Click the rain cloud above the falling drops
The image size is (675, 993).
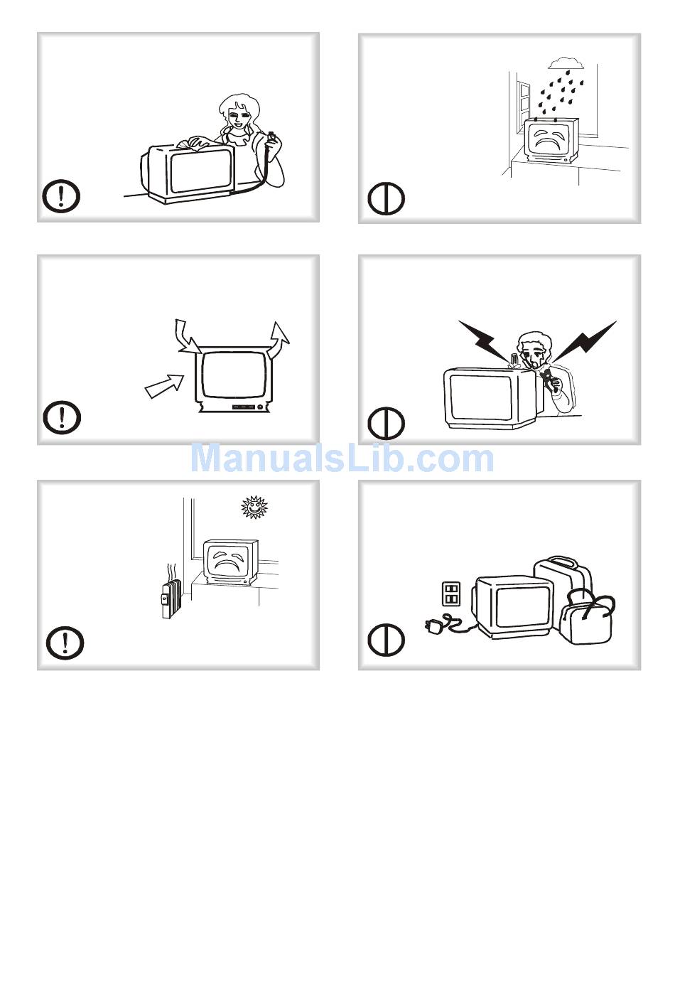click(565, 63)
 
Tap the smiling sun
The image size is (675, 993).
click(254, 507)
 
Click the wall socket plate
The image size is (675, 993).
click(451, 594)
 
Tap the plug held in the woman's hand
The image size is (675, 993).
click(271, 136)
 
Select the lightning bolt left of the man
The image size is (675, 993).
click(484, 340)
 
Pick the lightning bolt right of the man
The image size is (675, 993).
click(585, 340)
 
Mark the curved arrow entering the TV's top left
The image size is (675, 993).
click(187, 337)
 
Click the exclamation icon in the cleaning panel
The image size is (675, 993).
click(61, 195)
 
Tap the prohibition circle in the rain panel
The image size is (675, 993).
click(386, 198)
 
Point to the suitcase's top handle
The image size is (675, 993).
click(562, 562)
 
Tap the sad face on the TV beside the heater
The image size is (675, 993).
click(227, 560)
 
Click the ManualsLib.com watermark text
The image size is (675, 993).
click(342, 458)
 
